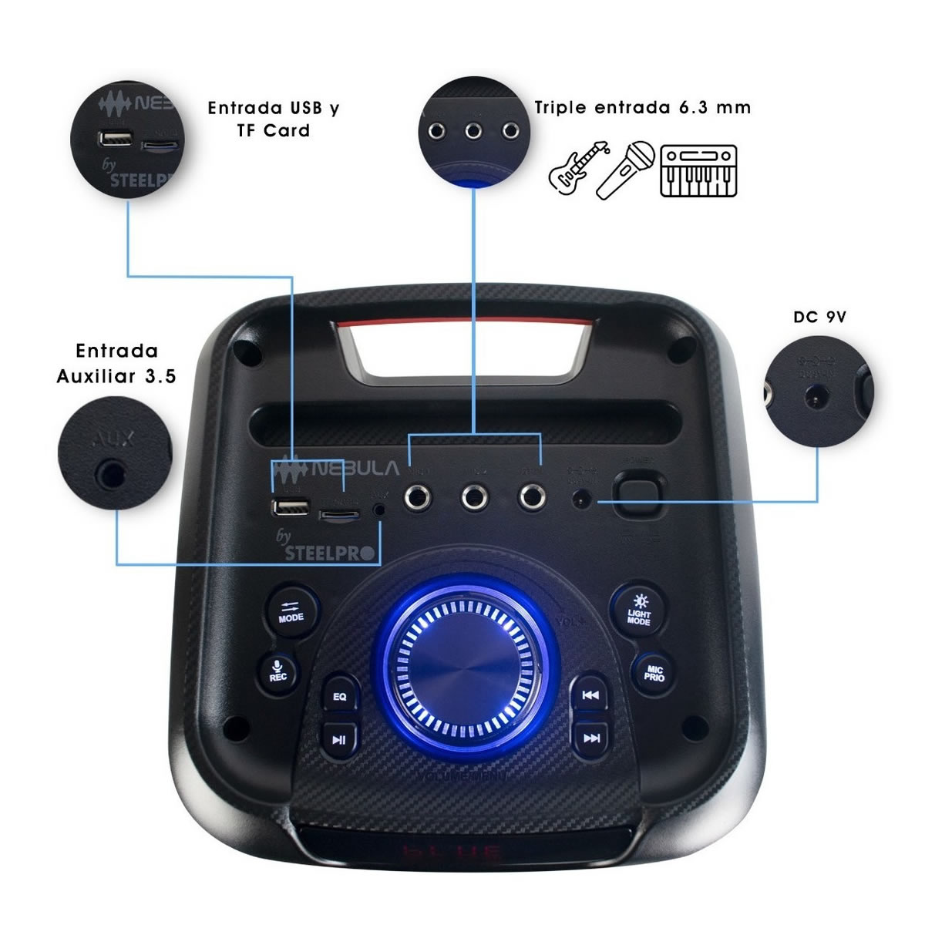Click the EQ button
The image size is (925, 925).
pyautogui.click(x=340, y=696)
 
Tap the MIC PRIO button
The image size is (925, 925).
pyautogui.click(x=654, y=673)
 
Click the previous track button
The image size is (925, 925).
pyautogui.click(x=590, y=695)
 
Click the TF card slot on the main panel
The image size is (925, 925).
pyautogui.click(x=340, y=512)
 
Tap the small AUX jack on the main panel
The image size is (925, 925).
pyautogui.click(x=379, y=510)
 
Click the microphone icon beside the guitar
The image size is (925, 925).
pyautogui.click(x=626, y=169)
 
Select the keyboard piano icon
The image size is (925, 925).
pyautogui.click(x=698, y=170)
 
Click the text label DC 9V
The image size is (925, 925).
pyautogui.click(x=819, y=317)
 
